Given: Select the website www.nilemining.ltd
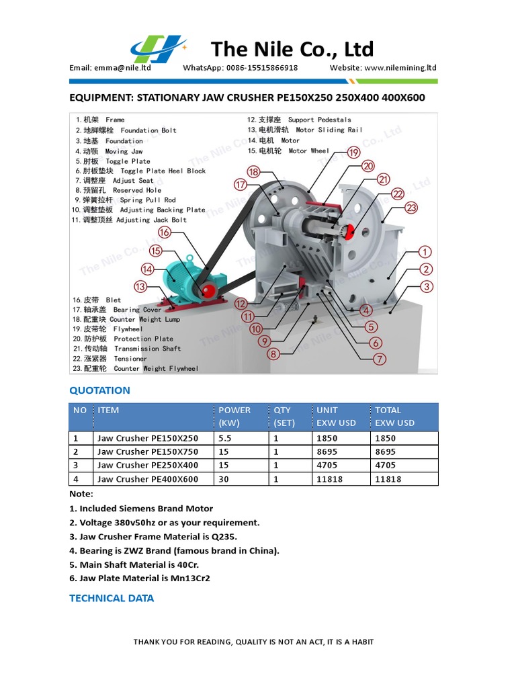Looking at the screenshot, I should pyautogui.click(x=401, y=68).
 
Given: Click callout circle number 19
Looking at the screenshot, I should pyautogui.click(x=354, y=153).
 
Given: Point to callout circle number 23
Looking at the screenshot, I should pyautogui.click(x=412, y=208).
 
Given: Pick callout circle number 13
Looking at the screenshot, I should pyautogui.click(x=140, y=287).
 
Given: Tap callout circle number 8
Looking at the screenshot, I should pyautogui.click(x=273, y=354).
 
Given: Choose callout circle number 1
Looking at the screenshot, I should pyautogui.click(x=425, y=252).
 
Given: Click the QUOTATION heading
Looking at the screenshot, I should pyautogui.click(x=99, y=390).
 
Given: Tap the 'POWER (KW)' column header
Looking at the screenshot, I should pyautogui.click(x=234, y=417).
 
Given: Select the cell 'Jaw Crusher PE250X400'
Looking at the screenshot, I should pyautogui.click(x=148, y=465).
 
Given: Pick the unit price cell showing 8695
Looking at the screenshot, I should pyautogui.click(x=327, y=451).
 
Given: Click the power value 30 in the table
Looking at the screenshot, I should pyautogui.click(x=224, y=479).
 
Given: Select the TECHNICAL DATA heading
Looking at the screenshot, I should pyautogui.click(x=112, y=598).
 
